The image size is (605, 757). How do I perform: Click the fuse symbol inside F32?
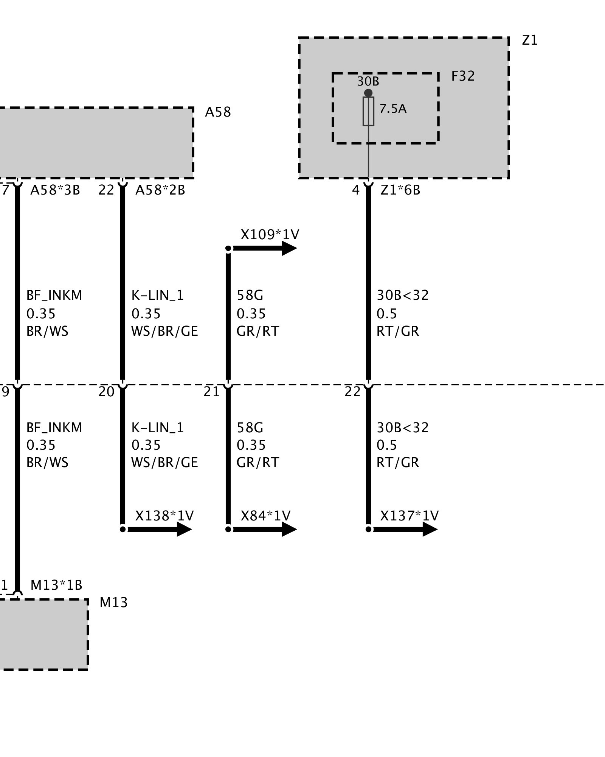click(368, 111)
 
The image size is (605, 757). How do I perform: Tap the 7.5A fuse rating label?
click(393, 109)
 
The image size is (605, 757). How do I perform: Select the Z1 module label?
click(529, 40)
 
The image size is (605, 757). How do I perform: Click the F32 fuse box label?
click(463, 76)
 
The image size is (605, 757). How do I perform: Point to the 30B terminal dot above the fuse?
click(368, 93)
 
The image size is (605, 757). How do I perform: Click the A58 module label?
click(218, 112)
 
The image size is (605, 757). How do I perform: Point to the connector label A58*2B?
click(160, 190)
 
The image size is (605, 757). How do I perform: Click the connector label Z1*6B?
click(400, 190)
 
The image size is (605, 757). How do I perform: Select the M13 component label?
click(113, 603)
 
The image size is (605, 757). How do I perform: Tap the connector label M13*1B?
click(56, 585)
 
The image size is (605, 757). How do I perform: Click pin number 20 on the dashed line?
click(106, 392)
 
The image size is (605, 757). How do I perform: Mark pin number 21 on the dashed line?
click(211, 392)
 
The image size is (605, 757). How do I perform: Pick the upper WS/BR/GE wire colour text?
click(164, 331)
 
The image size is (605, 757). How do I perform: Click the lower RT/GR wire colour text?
click(398, 463)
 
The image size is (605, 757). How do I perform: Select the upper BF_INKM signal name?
click(54, 295)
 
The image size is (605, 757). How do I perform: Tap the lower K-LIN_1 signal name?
click(158, 428)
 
